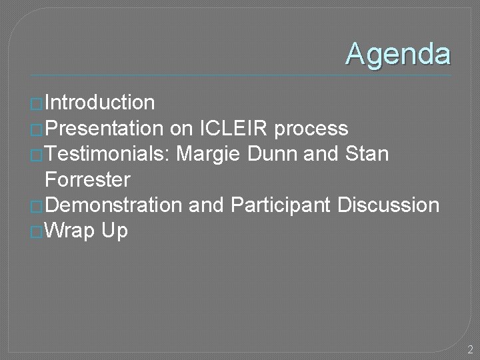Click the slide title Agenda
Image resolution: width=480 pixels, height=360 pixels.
[x=398, y=54]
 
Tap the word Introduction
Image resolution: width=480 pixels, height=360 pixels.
[x=99, y=103]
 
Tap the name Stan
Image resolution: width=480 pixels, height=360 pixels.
[x=367, y=154]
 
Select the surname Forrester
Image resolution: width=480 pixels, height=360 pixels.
[x=87, y=179]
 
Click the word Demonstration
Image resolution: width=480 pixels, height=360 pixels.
[x=113, y=205]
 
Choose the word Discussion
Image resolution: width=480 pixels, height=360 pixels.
[x=389, y=205]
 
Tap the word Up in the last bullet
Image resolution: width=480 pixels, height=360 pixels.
[x=115, y=231]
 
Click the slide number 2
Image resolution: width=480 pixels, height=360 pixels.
[x=470, y=349]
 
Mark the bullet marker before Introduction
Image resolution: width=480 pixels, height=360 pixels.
[x=37, y=104]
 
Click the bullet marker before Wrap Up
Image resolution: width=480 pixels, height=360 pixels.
[x=37, y=233]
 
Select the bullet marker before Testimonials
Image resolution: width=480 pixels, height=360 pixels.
[x=37, y=155]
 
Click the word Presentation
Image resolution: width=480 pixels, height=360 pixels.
[x=103, y=128]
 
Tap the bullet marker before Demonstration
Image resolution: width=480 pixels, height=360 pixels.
[x=37, y=207]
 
